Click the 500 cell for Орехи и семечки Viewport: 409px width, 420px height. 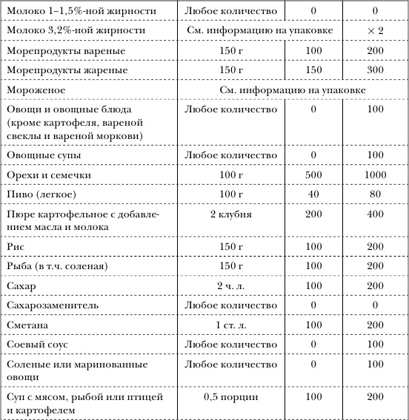click(314, 175)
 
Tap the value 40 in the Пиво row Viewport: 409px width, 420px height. click(314, 194)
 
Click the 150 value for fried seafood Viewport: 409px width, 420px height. click(314, 70)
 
